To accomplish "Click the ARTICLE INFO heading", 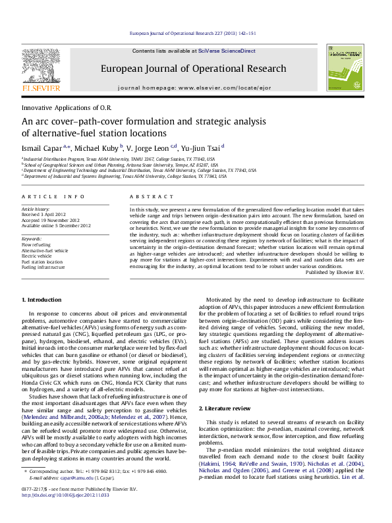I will click(x=53, y=197).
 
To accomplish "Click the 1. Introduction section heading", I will click(x=42, y=300).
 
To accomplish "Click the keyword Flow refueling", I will click(x=36, y=244).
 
